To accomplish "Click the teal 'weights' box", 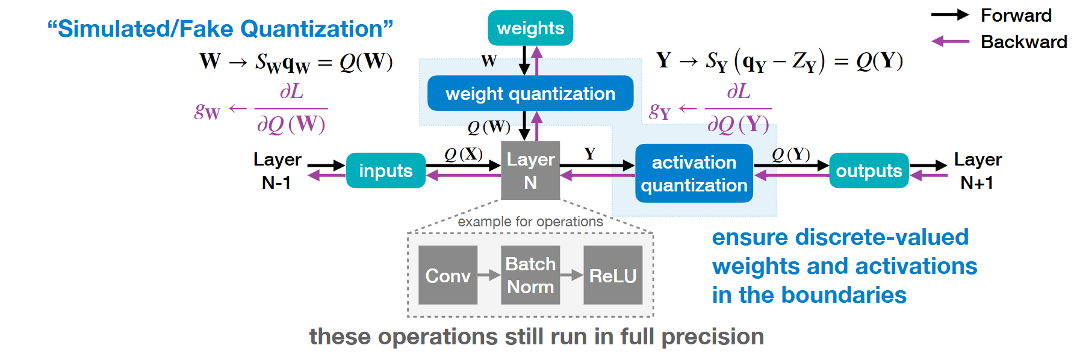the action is (530, 28).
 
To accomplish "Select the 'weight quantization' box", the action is (530, 93).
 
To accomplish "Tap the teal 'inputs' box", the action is (386, 170).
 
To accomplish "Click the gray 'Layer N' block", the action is (530, 170).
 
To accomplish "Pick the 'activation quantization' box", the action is (694, 173).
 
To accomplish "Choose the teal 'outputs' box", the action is (869, 170).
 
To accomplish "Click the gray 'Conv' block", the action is (448, 275).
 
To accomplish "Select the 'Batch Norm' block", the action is (530, 275).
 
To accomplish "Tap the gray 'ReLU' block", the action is (613, 275).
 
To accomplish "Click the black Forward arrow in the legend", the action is (950, 15).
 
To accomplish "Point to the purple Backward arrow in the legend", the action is (950, 42).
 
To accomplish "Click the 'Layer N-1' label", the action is (277, 170).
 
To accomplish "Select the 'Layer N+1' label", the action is (978, 170).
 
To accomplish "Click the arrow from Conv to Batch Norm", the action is (489, 275).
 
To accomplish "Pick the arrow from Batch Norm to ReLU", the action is (572, 275).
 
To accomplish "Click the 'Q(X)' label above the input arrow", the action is (464, 154).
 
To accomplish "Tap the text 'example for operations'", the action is (530, 222).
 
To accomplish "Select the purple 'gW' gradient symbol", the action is (207, 111).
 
